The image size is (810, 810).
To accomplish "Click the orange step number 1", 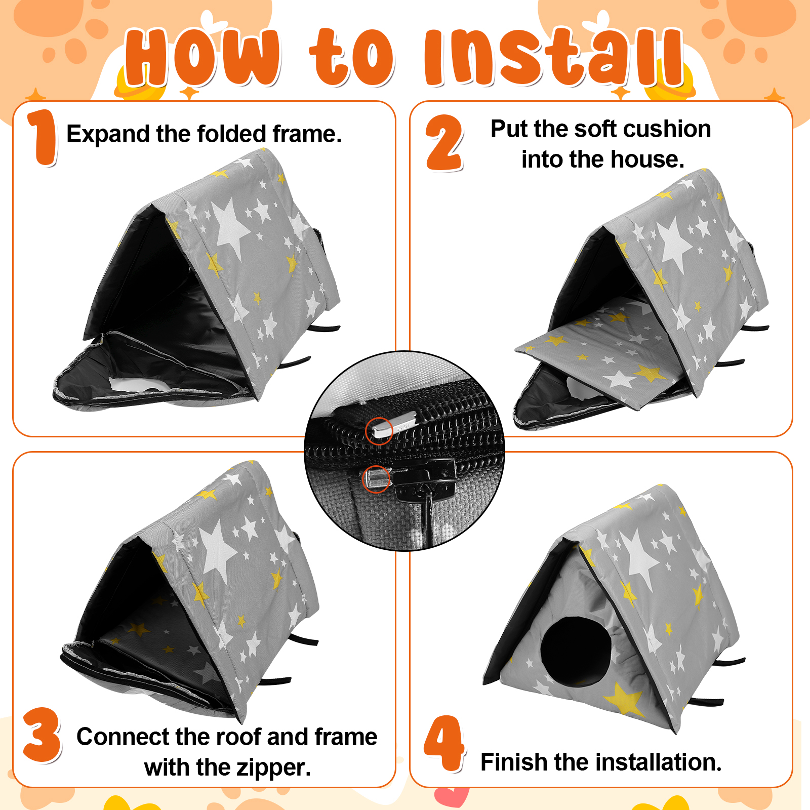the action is tap(43, 138).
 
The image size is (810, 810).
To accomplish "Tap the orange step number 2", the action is tap(444, 143).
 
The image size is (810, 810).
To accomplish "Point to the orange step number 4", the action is tap(444, 744).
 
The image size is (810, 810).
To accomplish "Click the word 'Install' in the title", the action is tap(554, 57).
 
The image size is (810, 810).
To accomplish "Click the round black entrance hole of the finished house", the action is tap(576, 652).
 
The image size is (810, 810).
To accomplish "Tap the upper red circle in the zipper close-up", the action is tap(379, 431).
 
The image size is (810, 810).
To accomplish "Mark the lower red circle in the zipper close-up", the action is tap(376, 478).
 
